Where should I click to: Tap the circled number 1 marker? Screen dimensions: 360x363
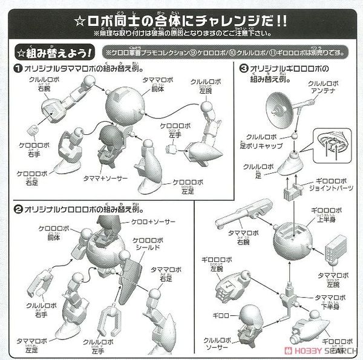point(19,68)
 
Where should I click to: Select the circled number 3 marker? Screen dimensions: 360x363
point(244,68)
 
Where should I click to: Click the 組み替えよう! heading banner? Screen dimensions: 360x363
point(53,53)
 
